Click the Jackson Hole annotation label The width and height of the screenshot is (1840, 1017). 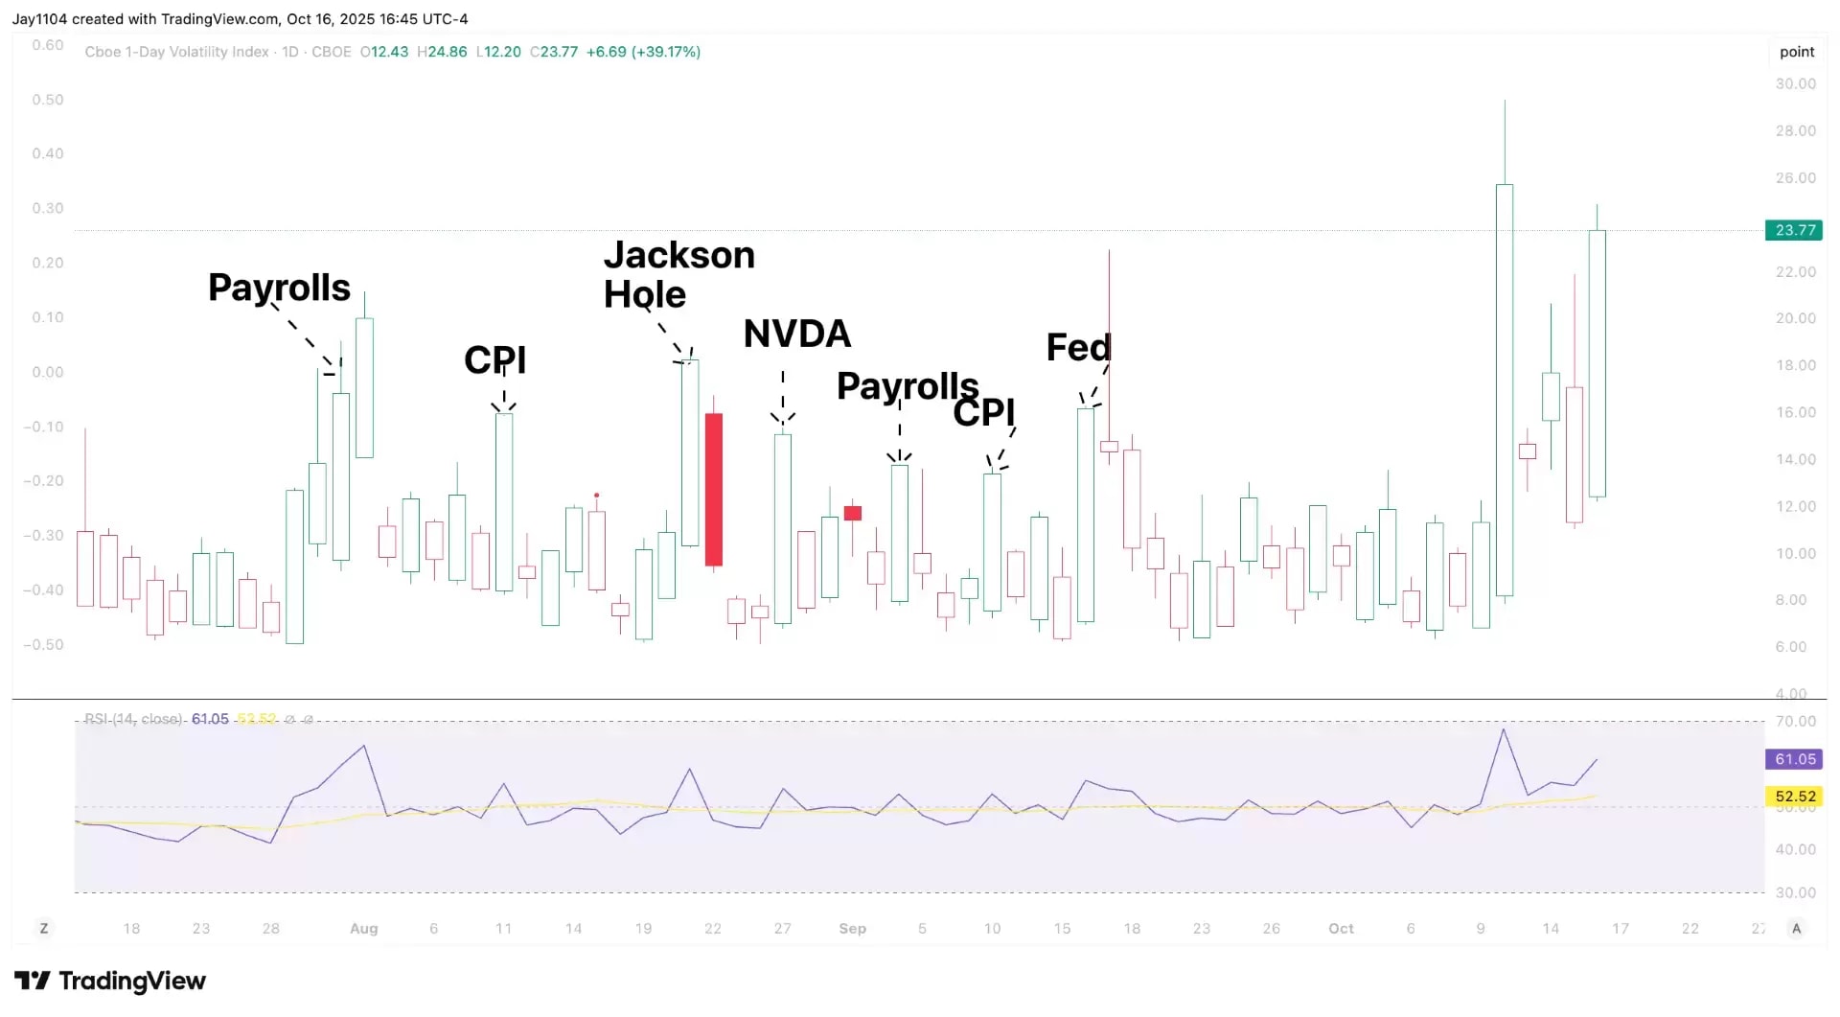click(x=678, y=275)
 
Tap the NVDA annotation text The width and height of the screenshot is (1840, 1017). click(x=797, y=334)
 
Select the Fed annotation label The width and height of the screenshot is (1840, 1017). click(x=1078, y=347)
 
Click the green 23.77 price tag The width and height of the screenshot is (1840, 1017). click(x=1795, y=230)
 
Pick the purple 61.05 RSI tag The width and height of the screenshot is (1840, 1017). click(x=1795, y=759)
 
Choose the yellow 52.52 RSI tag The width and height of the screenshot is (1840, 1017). click(x=1795, y=797)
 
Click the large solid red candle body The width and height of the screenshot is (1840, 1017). click(x=714, y=489)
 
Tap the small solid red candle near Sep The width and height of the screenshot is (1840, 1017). click(x=853, y=513)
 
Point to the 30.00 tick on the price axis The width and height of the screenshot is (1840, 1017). click(x=1795, y=84)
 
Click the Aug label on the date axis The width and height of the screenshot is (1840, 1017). click(x=364, y=929)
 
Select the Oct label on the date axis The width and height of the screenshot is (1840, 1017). click(x=1341, y=929)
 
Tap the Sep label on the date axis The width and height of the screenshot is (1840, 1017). click(x=852, y=929)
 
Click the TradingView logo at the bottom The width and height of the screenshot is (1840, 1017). click(x=110, y=982)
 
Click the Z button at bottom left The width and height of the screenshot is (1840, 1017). click(x=44, y=929)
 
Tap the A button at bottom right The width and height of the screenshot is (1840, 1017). click(x=1796, y=929)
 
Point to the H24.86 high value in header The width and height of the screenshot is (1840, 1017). click(x=442, y=52)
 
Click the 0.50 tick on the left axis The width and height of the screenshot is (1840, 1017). click(x=48, y=100)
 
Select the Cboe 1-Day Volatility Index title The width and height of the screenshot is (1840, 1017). click(x=176, y=52)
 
